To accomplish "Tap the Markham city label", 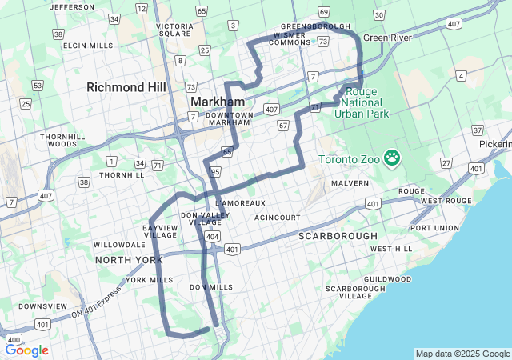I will (217, 102).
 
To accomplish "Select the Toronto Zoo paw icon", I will (391, 158).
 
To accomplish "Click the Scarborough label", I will (337, 237).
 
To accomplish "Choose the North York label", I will (129, 260).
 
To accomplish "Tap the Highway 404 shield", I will (212, 237).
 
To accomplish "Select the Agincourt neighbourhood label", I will (277, 218).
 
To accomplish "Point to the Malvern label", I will (350, 183).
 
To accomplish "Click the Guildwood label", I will (386, 279).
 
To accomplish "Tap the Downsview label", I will (38, 306).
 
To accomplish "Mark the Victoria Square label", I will (174, 30).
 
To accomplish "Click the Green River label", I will (388, 38).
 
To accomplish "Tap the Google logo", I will (27, 350).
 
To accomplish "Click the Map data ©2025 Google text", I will (462, 354).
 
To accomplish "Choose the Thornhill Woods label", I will (58, 141).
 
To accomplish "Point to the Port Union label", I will (434, 228).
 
